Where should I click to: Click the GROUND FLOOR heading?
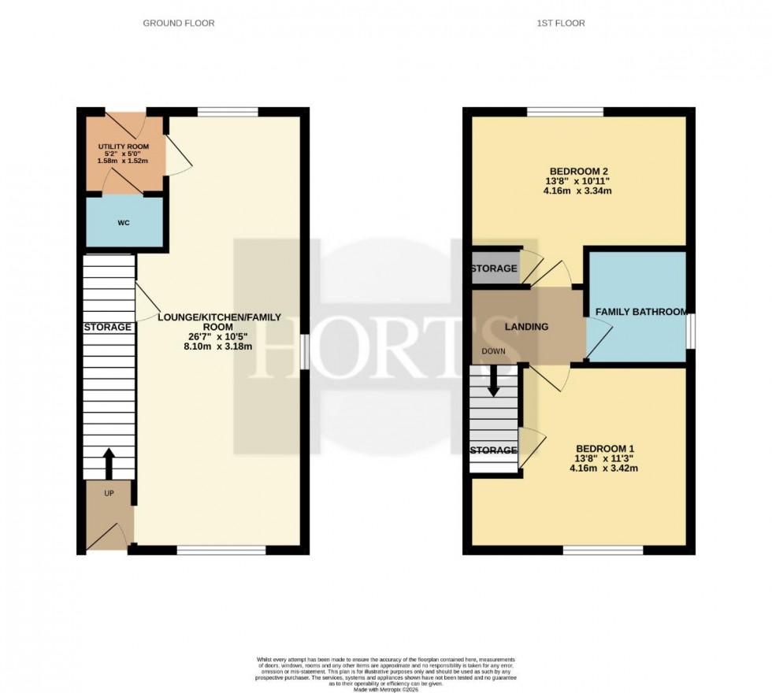tap(178, 24)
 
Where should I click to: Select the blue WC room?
tap(124, 223)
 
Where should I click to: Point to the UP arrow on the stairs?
tap(109, 465)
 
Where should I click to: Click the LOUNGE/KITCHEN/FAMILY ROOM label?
tap(219, 323)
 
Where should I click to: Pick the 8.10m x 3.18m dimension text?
tap(219, 346)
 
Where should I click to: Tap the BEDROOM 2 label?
tap(578, 171)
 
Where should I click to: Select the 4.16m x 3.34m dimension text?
tap(578, 190)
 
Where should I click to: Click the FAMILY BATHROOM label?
tap(640, 312)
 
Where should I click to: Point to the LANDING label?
tap(528, 327)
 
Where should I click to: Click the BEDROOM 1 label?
tap(603, 443)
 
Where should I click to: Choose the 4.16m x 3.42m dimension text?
tap(603, 468)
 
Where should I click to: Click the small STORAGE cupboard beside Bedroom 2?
tap(494, 269)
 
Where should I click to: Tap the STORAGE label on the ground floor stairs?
tap(109, 327)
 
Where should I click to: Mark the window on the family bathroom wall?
tap(689, 329)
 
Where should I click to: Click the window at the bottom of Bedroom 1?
tap(603, 550)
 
